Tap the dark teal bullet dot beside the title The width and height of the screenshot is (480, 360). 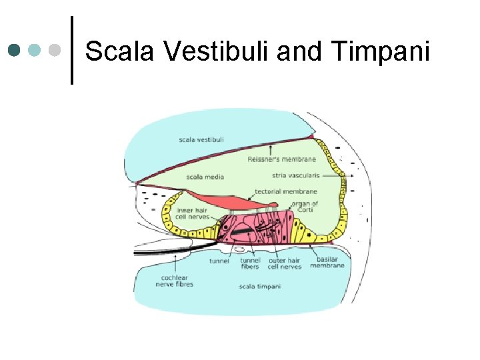click(x=15, y=50)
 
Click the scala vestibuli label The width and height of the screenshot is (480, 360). click(x=201, y=139)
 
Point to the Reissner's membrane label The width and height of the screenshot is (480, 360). click(x=281, y=159)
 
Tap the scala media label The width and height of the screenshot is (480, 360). click(x=205, y=177)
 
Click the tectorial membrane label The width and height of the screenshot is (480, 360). click(x=286, y=192)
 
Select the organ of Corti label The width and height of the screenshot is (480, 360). click(x=305, y=207)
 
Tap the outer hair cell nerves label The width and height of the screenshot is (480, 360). click(x=285, y=264)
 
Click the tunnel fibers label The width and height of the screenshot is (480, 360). click(x=250, y=264)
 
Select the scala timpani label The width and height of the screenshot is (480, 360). click(x=259, y=287)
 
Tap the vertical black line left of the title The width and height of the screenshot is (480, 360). click(x=71, y=51)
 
